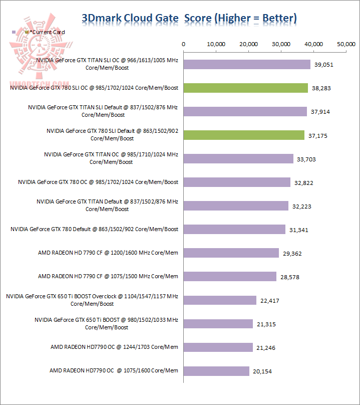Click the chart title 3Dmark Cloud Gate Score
coord(189,19)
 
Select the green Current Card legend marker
coord(27,32)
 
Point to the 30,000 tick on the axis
coord(282,44)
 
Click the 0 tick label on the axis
coord(184,44)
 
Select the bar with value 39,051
coord(247,64)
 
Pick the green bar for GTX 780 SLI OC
coord(246,88)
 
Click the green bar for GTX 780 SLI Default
coord(244,135)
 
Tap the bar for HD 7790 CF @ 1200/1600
coord(231,253)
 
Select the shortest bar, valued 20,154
coord(217,370)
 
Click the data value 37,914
coord(321,112)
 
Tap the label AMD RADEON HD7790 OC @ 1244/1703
coord(114,347)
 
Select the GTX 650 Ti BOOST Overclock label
coord(92,300)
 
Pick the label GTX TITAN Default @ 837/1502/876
coord(107,205)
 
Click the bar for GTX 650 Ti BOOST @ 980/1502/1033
coord(218,324)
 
